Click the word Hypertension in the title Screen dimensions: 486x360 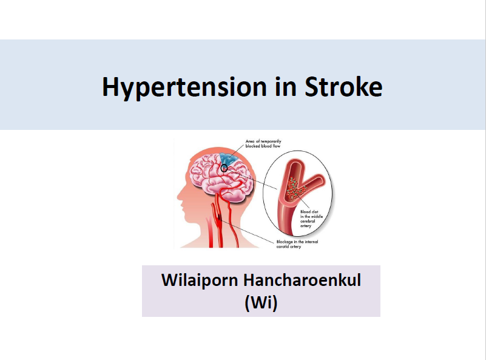point(184,87)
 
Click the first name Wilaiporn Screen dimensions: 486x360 point(200,280)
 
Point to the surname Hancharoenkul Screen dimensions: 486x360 point(302,280)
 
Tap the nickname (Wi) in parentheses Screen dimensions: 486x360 point(261,302)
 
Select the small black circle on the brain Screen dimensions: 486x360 point(224,168)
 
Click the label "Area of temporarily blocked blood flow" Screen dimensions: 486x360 point(263,143)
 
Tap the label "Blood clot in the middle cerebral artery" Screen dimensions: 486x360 point(311,219)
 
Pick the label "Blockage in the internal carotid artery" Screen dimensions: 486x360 point(297,244)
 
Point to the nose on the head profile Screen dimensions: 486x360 point(180,196)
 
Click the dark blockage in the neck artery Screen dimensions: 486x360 point(220,217)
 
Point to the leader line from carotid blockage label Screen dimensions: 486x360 point(248,229)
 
